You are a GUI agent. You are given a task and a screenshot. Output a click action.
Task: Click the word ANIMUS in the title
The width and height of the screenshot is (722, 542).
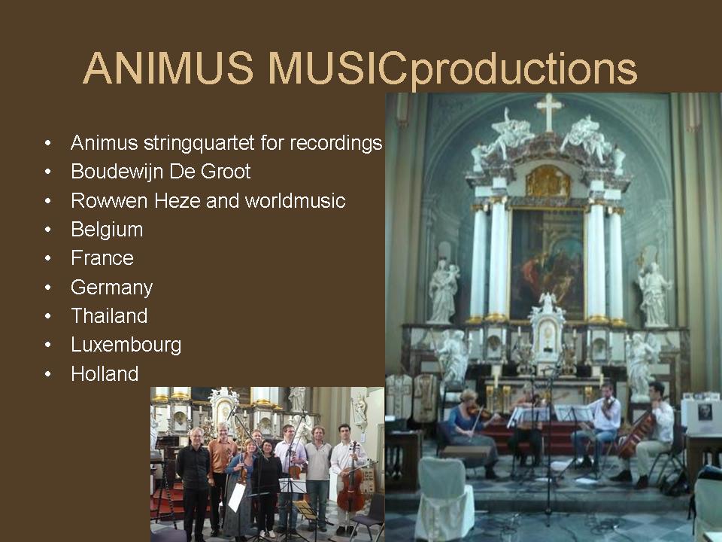click(168, 69)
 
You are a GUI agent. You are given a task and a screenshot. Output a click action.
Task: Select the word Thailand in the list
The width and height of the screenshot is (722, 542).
click(109, 316)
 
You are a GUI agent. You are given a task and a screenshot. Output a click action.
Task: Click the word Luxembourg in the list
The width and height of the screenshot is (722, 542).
click(126, 346)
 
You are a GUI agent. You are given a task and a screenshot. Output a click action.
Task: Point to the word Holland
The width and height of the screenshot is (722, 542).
click(105, 374)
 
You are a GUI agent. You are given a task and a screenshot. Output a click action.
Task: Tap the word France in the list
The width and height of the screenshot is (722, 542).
click(102, 258)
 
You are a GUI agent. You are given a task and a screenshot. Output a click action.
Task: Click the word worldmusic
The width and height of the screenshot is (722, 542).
click(295, 201)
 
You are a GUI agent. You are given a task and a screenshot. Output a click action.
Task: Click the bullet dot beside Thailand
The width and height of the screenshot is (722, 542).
click(48, 317)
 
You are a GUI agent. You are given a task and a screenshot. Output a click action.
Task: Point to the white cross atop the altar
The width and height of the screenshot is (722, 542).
click(548, 112)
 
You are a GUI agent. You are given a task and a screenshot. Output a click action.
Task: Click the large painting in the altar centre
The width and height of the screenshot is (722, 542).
click(548, 263)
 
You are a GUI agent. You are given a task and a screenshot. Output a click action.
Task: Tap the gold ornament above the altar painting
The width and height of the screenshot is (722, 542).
click(548, 181)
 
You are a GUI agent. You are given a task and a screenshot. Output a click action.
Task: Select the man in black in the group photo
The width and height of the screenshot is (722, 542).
click(194, 484)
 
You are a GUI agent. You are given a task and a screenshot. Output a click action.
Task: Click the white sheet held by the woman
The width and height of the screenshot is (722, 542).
click(237, 498)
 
